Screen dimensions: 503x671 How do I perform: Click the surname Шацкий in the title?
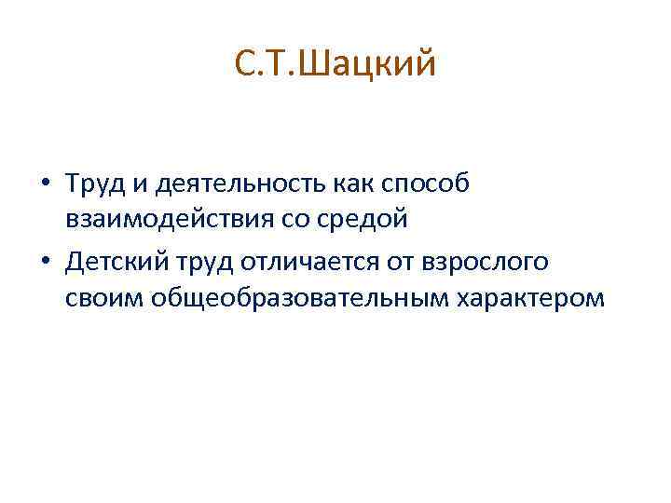coord(375,65)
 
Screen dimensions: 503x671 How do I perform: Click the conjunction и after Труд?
coord(136,185)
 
